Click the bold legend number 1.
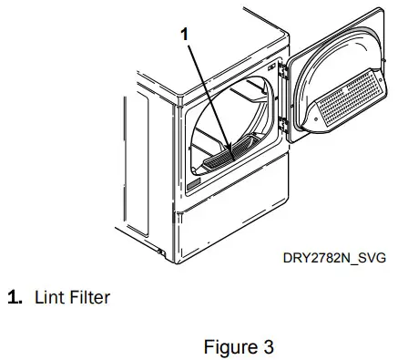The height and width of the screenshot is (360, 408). [x=15, y=297]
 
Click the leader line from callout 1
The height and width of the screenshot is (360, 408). [x=207, y=91]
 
